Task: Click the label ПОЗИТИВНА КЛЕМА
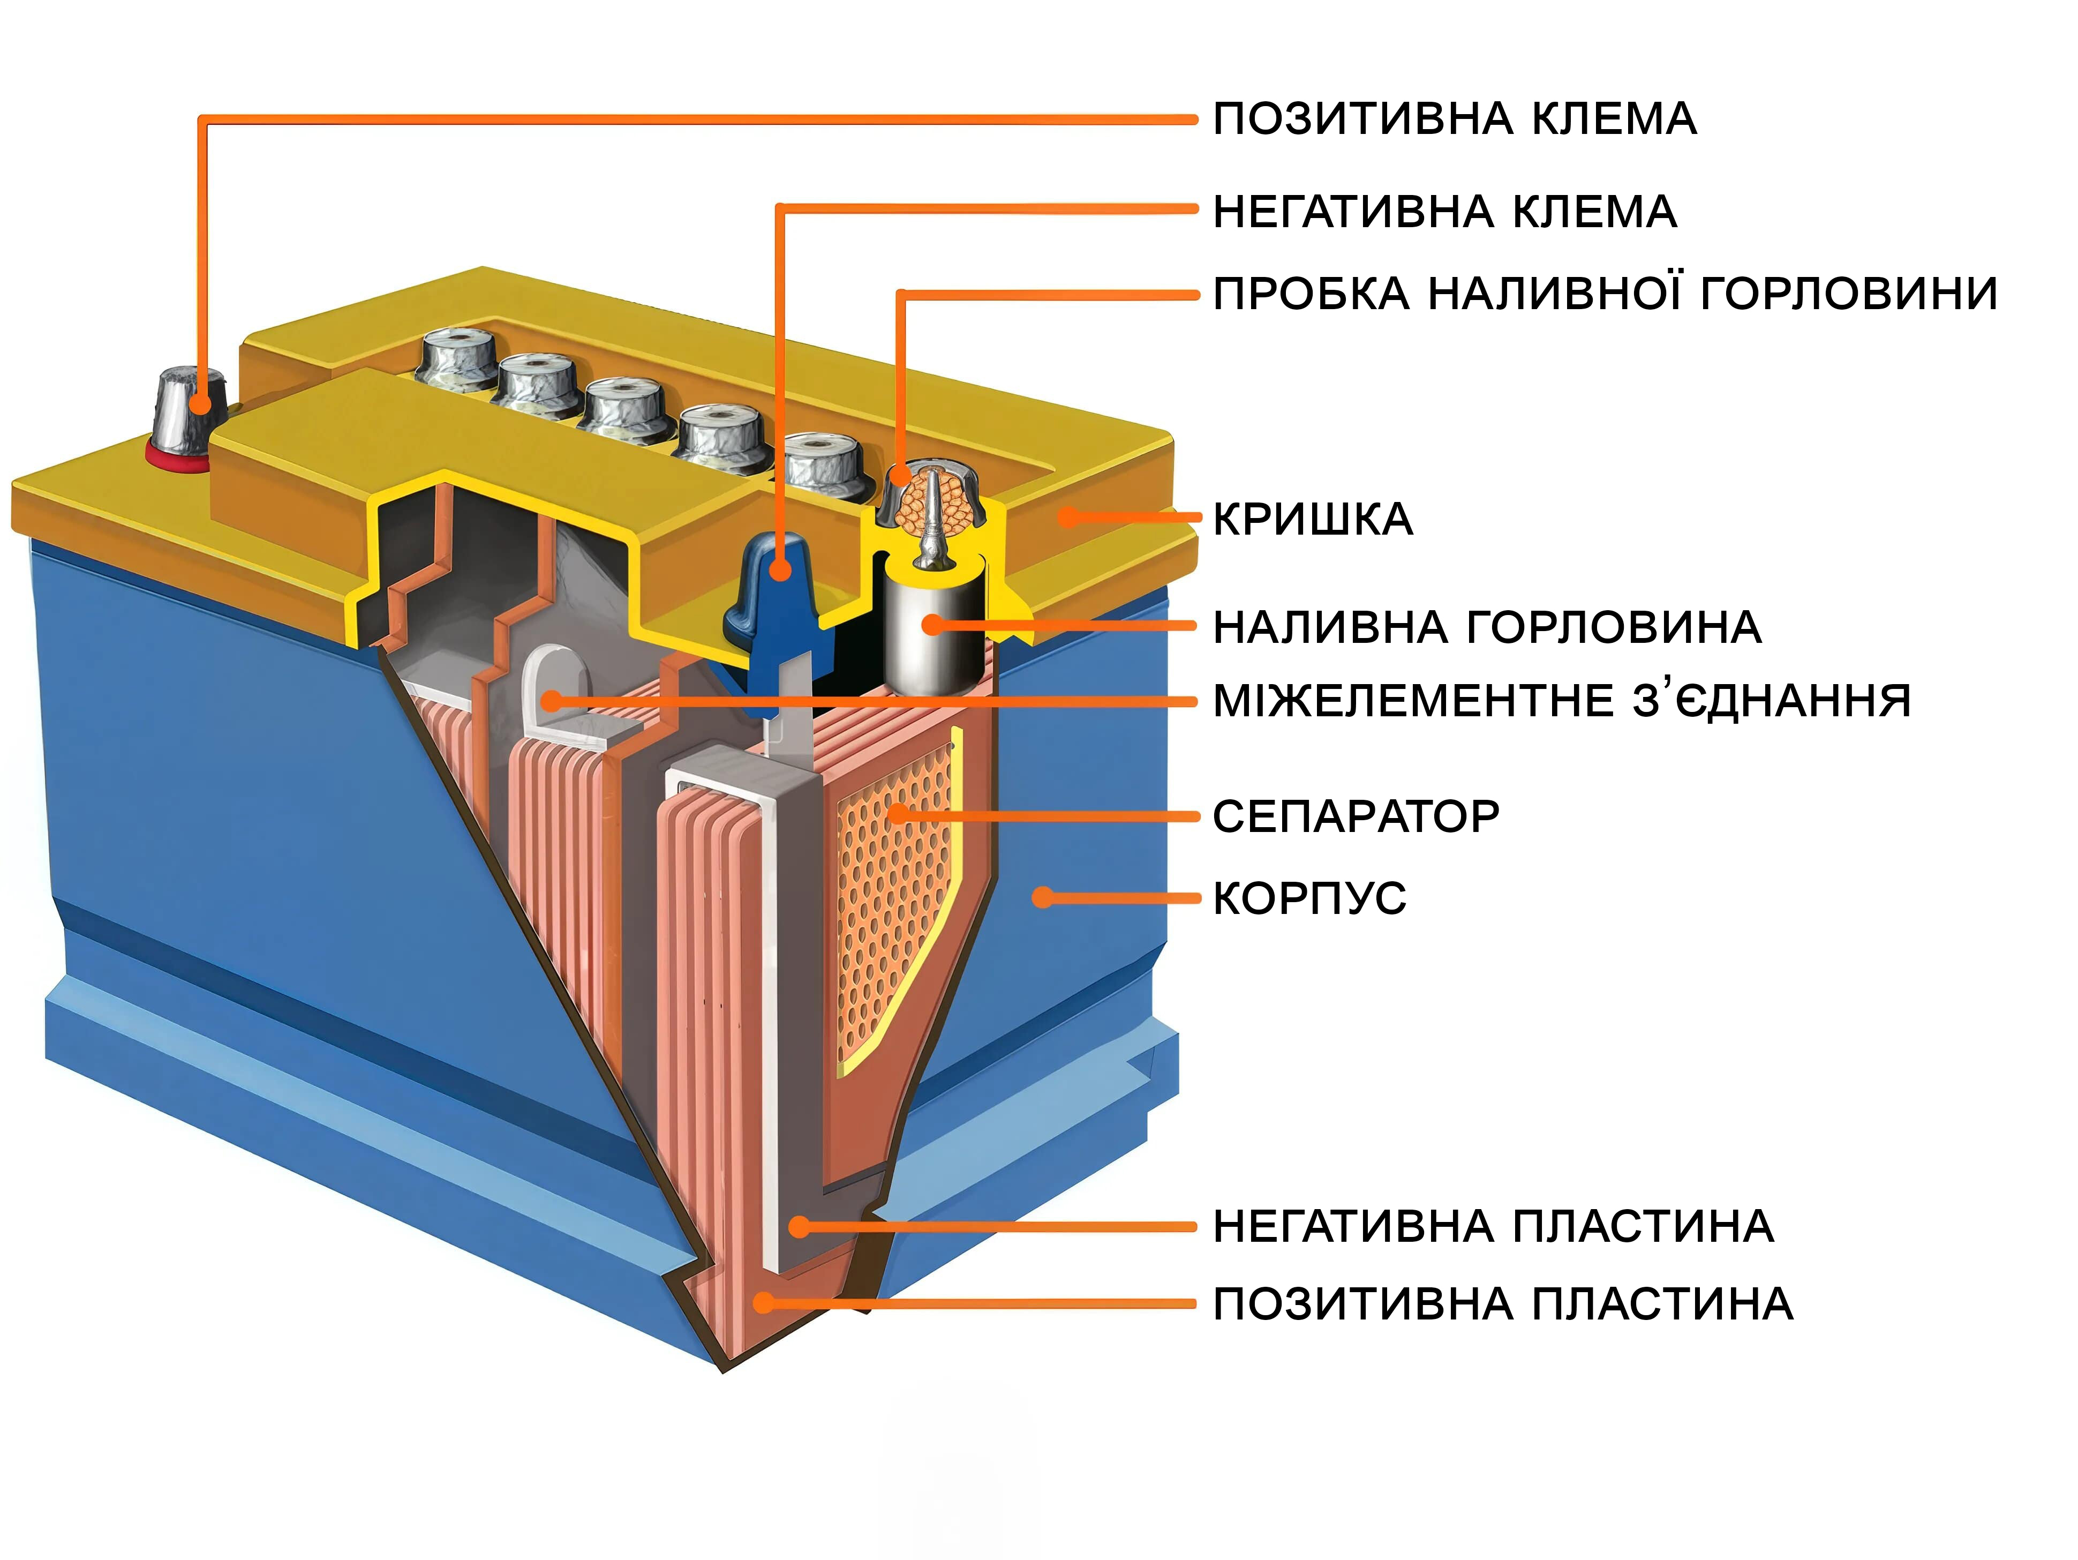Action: (x=1454, y=119)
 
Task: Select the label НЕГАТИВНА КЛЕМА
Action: (x=1445, y=212)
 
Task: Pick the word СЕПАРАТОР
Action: (x=1356, y=816)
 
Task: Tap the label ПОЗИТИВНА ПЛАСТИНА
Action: (x=1503, y=1304)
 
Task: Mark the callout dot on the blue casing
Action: (x=1042, y=897)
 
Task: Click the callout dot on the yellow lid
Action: (x=1067, y=517)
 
